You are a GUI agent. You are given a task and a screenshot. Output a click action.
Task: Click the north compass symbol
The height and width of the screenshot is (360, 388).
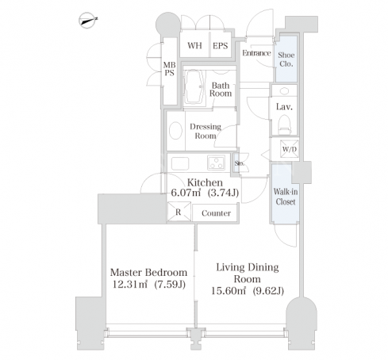(87, 20)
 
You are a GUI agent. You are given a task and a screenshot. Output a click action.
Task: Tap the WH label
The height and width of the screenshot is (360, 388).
(194, 45)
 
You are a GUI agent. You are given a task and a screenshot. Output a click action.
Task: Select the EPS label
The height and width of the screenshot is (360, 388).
(220, 46)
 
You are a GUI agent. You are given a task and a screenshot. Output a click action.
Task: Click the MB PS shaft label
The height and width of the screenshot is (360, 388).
(169, 69)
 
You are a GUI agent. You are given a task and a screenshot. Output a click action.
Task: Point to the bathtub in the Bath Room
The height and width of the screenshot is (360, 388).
(194, 87)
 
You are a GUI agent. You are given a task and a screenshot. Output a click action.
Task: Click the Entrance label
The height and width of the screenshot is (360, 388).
(256, 53)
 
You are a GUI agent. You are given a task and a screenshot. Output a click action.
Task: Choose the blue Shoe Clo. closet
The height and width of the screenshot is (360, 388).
(286, 59)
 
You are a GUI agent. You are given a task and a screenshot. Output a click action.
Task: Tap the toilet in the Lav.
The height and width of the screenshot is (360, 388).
(284, 124)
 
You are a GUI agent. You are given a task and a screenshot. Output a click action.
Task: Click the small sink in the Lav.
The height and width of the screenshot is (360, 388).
(284, 91)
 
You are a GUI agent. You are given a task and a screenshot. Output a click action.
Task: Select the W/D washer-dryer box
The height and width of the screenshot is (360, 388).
(290, 149)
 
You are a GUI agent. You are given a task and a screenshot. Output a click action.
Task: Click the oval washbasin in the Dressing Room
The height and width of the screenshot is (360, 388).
(175, 131)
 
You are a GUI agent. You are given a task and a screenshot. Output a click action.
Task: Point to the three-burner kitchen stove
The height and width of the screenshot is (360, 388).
(217, 162)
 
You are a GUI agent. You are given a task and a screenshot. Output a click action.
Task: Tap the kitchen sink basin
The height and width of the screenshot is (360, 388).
(180, 163)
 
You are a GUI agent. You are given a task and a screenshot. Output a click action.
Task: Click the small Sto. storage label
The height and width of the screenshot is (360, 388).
(239, 163)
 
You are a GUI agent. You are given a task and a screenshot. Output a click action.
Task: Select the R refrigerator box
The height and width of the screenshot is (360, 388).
(179, 212)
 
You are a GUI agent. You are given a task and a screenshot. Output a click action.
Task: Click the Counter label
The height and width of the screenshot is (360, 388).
(216, 213)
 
